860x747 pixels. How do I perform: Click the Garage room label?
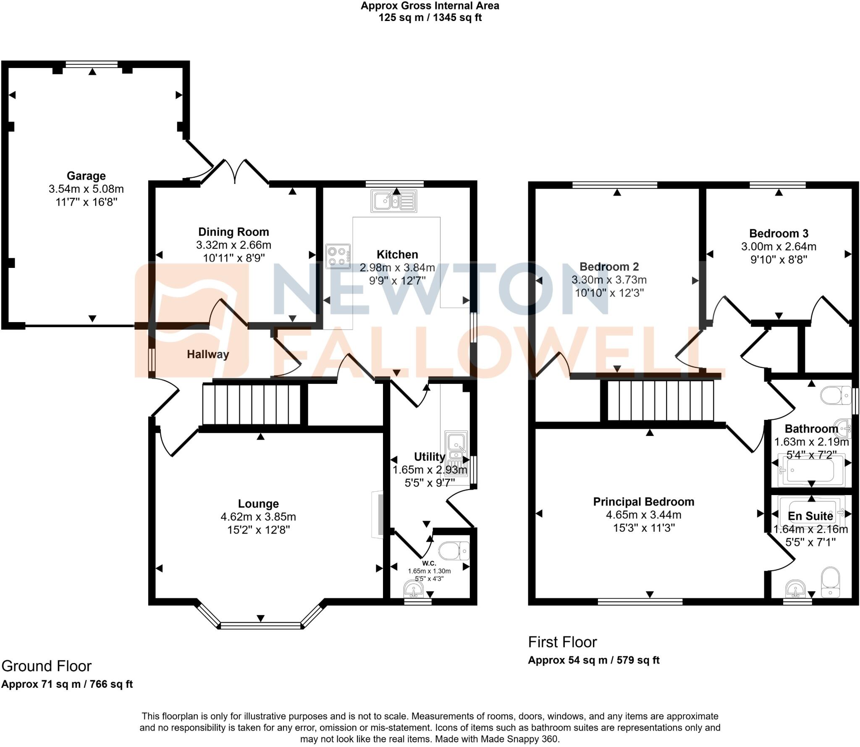pos(86,176)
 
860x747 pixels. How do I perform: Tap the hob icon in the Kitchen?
pos(338,257)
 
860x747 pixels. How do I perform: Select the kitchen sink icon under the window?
pos(393,201)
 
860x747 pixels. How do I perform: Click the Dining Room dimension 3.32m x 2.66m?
pos(233,245)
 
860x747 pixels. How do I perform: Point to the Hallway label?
pos(208,354)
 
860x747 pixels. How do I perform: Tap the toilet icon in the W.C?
pos(454,550)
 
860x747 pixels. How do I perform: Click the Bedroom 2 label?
pos(609,267)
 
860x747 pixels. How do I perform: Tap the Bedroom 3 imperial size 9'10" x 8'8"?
pos(779,259)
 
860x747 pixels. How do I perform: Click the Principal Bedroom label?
pos(643,502)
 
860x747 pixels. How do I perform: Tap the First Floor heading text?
pos(562,642)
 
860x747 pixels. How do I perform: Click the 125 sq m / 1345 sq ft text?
pos(430,18)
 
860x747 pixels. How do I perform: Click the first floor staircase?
pos(661,401)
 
